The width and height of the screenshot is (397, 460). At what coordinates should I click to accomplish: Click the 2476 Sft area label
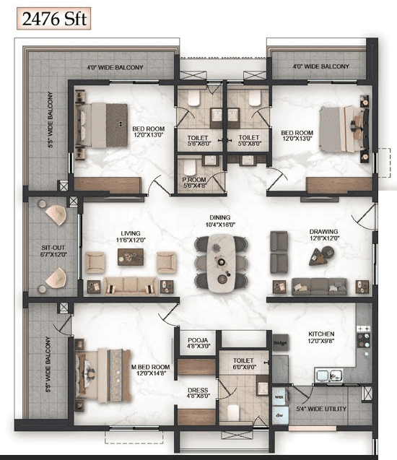point(55,18)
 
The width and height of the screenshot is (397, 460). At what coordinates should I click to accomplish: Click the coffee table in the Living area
point(131,258)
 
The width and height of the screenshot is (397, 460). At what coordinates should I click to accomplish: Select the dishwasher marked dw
point(279,415)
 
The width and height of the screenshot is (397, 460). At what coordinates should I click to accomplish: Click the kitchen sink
point(329,376)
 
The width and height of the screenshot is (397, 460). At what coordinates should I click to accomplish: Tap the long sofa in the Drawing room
point(318,286)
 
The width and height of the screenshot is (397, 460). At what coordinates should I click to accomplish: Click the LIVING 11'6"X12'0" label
point(131,236)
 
